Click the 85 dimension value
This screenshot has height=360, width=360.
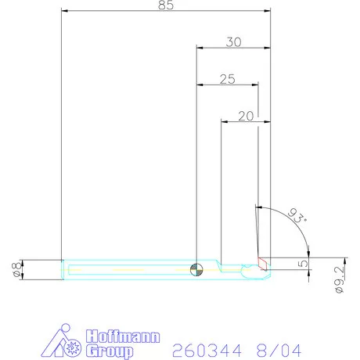166,5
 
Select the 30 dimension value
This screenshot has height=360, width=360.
233,42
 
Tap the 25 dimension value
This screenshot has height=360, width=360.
227,79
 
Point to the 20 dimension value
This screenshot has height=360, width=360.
246,116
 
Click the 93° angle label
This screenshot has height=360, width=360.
297,215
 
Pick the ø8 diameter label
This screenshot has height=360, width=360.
16,269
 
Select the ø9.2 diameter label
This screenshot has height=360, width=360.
340,279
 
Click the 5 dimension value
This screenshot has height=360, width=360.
303,264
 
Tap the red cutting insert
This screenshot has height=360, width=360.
263,263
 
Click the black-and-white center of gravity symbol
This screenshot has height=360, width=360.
196,269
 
